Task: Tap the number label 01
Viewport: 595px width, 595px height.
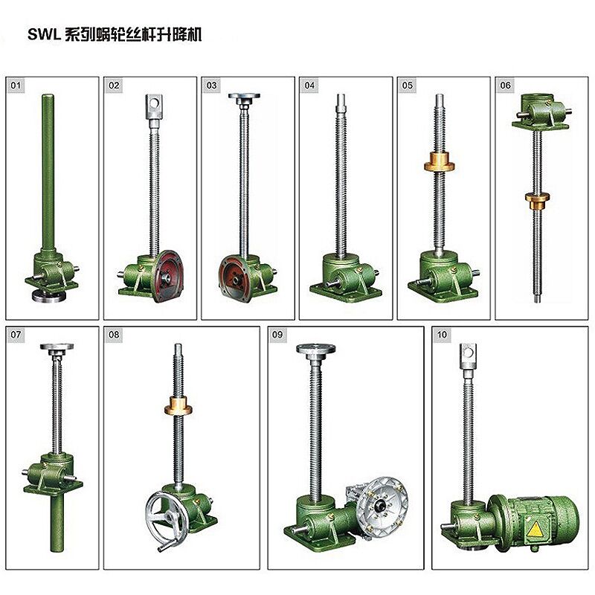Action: (x=16, y=86)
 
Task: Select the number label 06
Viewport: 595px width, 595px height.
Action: (x=506, y=86)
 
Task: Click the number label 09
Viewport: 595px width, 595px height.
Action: (x=278, y=335)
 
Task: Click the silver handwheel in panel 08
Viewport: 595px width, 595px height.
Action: (x=165, y=513)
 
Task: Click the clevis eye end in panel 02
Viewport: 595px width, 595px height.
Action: (x=153, y=105)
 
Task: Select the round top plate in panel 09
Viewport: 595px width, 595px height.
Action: (x=313, y=348)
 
